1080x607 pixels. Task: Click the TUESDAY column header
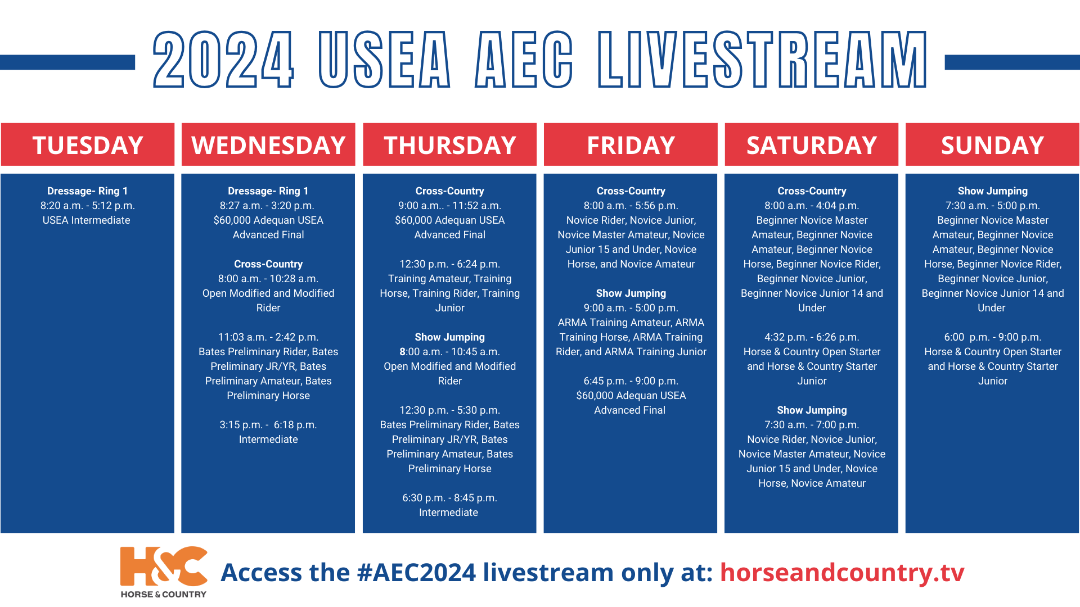pyautogui.click(x=88, y=145)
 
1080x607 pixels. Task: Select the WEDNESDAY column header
pyautogui.click(x=268, y=145)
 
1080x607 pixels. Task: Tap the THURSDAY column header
pyautogui.click(x=450, y=145)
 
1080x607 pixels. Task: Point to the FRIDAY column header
pyautogui.click(x=631, y=145)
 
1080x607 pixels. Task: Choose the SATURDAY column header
pyautogui.click(x=812, y=145)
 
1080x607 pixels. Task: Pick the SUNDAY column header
pyautogui.click(x=992, y=145)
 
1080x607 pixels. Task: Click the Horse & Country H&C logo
pyautogui.click(x=164, y=572)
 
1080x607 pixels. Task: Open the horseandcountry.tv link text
pyautogui.click(x=842, y=572)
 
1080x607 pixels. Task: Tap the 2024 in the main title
pyautogui.click(x=223, y=60)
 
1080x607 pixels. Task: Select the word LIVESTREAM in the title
pyautogui.click(x=762, y=60)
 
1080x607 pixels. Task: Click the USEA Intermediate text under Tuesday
pyautogui.click(x=87, y=220)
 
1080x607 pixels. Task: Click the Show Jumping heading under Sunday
pyautogui.click(x=993, y=191)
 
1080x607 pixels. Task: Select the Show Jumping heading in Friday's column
pyautogui.click(x=631, y=293)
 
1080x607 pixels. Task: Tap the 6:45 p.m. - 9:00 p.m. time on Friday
pyautogui.click(x=631, y=381)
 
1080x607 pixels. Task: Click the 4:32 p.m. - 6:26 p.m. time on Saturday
pyautogui.click(x=812, y=337)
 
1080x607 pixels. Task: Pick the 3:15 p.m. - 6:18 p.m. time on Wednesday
pyautogui.click(x=268, y=425)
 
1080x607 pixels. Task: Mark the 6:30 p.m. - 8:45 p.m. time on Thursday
pyautogui.click(x=450, y=498)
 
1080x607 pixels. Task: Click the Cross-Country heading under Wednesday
pyautogui.click(x=268, y=264)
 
